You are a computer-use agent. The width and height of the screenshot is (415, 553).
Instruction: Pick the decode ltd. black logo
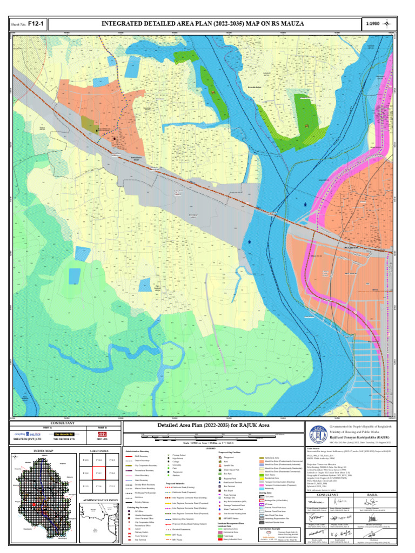click(x=64, y=434)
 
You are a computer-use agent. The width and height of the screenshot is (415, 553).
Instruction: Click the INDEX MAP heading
click(x=43, y=450)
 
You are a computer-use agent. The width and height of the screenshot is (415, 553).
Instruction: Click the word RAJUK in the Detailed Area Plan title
click(x=256, y=426)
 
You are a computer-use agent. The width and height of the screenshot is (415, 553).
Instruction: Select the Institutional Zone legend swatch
click(x=262, y=457)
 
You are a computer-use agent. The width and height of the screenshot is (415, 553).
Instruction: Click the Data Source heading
click(x=313, y=448)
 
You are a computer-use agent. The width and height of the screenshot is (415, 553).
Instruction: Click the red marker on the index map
click(x=34, y=505)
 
